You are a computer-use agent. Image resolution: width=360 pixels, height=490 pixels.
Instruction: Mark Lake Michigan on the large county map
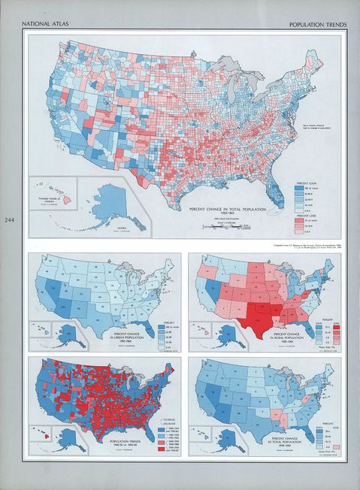231,90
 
